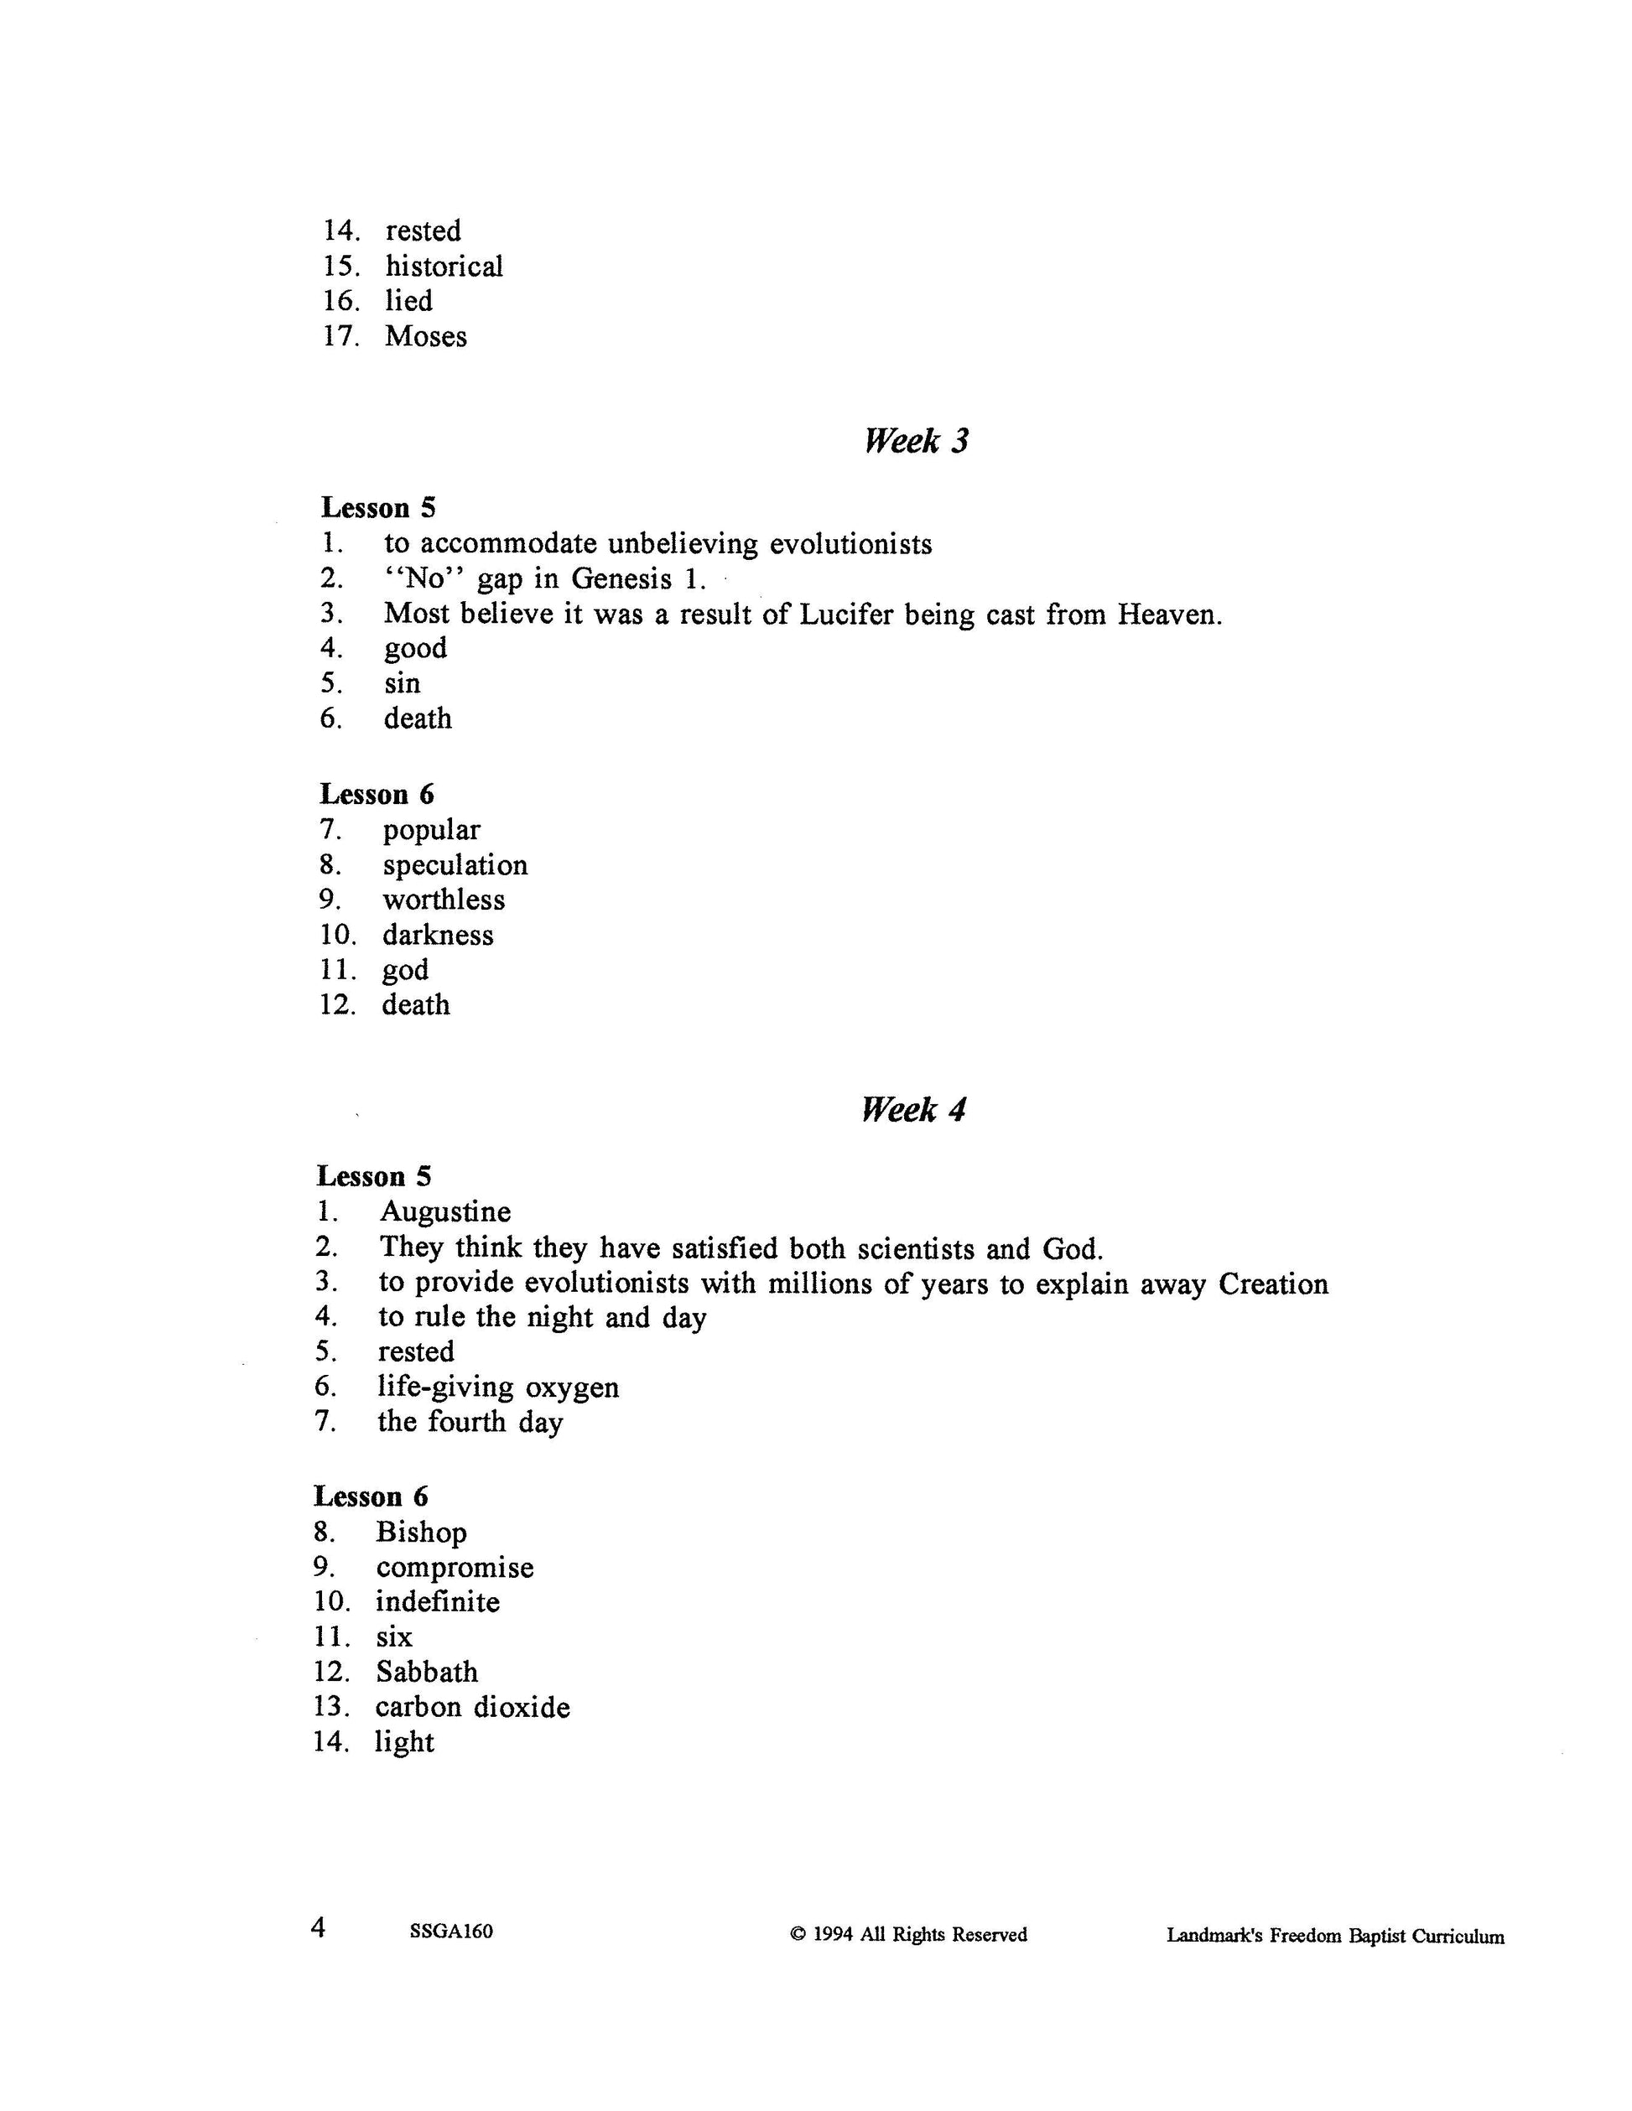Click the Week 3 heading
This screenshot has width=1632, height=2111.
click(915, 442)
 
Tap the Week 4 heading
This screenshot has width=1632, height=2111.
click(912, 1110)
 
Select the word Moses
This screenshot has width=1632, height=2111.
click(425, 336)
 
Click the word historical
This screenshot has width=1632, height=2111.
click(444, 266)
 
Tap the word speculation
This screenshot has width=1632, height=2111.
click(455, 865)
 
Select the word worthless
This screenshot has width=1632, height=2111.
click(444, 900)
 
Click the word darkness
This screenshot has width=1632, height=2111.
click(438, 935)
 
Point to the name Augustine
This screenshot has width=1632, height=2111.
click(444, 1212)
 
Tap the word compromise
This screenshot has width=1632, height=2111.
click(455, 1567)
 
